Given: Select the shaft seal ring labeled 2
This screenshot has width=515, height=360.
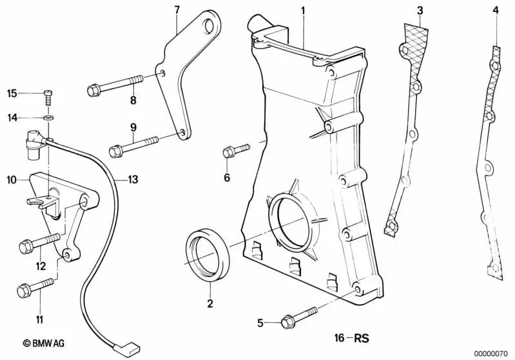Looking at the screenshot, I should click(206, 254).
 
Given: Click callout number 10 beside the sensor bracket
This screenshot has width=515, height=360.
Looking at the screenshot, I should click(12, 181).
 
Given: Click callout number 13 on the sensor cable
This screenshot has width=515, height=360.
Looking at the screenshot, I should click(132, 179).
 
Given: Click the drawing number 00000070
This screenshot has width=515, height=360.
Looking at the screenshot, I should click(492, 353).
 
